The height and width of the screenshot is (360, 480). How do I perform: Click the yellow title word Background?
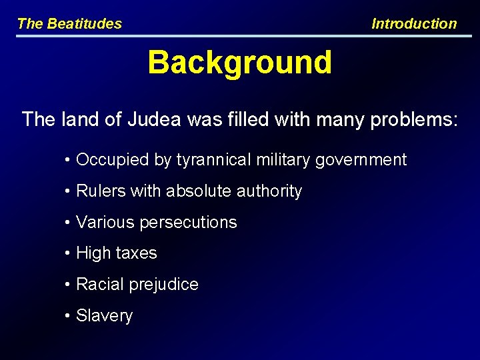click(239, 63)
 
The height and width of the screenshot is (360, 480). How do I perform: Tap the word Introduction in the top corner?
click(414, 24)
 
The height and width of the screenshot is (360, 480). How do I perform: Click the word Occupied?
click(105, 160)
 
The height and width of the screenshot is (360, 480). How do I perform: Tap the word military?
click(283, 160)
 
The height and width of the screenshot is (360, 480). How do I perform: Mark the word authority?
click(269, 191)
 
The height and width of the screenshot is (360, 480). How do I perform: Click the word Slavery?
click(105, 316)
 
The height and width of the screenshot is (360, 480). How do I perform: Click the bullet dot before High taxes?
click(69, 254)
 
